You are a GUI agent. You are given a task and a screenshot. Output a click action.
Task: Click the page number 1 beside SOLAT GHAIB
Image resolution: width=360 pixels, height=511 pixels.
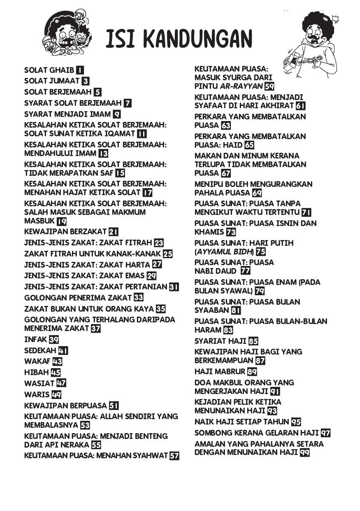(80, 70)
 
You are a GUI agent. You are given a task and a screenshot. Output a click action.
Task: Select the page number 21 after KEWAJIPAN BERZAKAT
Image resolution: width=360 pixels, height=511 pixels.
(114, 232)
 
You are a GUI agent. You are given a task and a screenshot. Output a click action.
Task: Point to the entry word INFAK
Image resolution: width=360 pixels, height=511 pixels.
(36, 340)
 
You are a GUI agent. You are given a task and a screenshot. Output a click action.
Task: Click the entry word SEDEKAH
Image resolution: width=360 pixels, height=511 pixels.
(40, 351)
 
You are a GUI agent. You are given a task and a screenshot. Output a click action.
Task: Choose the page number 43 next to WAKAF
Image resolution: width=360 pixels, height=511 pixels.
(57, 362)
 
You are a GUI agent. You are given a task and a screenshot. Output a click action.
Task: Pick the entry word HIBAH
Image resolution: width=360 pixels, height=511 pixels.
(37, 373)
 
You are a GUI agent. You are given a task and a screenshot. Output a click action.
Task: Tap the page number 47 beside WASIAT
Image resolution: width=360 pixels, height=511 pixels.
(61, 383)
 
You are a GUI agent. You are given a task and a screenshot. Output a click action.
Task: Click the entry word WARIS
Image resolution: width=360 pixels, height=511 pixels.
(37, 394)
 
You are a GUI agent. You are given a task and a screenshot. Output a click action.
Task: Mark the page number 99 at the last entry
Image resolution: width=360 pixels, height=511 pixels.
(304, 453)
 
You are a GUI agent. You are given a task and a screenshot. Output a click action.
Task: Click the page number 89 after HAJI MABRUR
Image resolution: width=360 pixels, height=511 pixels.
(252, 371)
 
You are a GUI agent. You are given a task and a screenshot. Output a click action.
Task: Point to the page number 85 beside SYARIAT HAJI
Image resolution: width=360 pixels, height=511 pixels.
(253, 341)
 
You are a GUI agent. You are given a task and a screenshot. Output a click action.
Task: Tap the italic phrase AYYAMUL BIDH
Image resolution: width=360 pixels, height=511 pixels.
(225, 252)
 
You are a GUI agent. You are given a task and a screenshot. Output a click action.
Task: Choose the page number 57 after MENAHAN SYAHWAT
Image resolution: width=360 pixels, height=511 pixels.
(174, 456)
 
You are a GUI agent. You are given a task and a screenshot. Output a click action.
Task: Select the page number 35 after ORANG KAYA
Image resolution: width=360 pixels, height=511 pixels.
(161, 309)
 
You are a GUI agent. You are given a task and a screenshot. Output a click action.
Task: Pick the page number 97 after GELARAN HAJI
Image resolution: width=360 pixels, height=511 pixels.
(325, 433)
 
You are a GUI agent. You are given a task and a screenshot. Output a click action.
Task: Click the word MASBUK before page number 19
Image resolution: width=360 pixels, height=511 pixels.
(39, 221)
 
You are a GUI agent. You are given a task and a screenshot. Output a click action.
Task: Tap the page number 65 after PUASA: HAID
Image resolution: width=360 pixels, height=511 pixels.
(249, 145)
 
